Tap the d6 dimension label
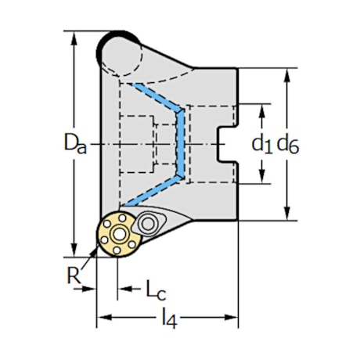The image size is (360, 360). [x=287, y=143]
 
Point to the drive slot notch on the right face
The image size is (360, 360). [x=226, y=145]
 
